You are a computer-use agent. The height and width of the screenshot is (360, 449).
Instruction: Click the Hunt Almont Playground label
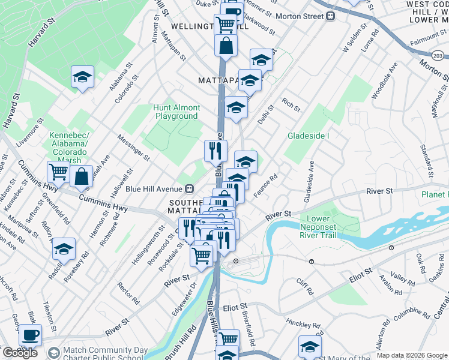(x=176, y=112)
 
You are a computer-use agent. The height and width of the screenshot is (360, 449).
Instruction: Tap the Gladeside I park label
(x=309, y=136)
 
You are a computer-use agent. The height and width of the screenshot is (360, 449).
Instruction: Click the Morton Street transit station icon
(x=330, y=17)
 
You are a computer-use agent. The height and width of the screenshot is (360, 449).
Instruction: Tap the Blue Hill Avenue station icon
(x=190, y=188)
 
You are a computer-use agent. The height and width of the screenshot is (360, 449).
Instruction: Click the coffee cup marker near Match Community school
(x=30, y=335)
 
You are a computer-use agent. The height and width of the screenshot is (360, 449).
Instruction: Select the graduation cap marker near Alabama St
(x=82, y=77)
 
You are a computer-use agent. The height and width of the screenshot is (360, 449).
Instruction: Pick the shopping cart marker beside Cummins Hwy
(x=58, y=172)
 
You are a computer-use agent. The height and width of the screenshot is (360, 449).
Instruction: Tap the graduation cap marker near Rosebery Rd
(x=64, y=248)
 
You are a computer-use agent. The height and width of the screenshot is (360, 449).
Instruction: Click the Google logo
(x=19, y=353)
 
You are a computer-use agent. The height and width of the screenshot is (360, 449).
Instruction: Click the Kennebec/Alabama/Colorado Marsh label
(x=69, y=148)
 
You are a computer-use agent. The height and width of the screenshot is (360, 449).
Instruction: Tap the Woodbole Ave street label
(x=385, y=83)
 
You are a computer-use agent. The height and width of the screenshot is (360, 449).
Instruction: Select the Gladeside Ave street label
(x=310, y=180)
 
